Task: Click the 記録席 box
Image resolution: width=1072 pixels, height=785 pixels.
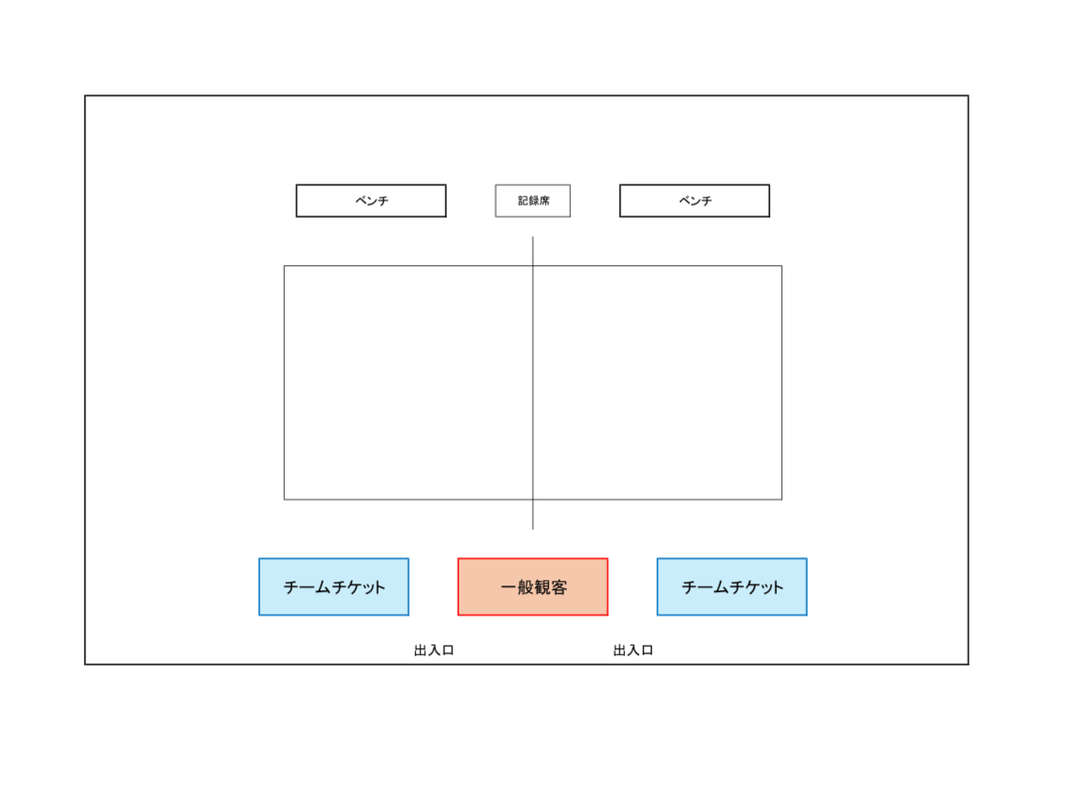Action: (532, 200)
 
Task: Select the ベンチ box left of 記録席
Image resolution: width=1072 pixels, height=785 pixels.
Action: (371, 200)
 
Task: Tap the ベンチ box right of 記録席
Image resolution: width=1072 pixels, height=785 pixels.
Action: (694, 200)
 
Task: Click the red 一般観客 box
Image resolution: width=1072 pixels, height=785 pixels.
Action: (532, 586)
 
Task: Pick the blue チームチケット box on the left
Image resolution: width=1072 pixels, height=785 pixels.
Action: (334, 586)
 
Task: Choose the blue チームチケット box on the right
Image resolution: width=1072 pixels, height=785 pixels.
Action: (732, 586)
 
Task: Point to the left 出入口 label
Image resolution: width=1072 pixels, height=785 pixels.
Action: (434, 650)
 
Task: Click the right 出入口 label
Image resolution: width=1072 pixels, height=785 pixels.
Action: (633, 650)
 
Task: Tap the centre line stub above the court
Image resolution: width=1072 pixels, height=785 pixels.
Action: (532, 251)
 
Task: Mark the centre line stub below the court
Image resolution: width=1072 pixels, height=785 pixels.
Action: (532, 514)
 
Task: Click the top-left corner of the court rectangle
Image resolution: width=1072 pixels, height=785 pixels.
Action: (285, 266)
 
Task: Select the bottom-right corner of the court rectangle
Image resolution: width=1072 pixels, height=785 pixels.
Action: (782, 499)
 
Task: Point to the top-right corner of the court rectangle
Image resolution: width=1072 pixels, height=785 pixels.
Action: (782, 266)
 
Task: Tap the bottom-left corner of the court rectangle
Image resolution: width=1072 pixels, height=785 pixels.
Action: (285, 499)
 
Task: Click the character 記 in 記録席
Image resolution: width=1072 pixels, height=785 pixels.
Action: (523, 200)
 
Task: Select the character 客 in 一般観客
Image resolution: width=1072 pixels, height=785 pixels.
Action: (558, 586)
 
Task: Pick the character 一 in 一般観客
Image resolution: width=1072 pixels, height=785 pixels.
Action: (508, 586)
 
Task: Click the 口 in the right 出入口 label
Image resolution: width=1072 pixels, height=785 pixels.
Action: (647, 650)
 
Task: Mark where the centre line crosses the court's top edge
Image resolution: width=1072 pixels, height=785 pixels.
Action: (532, 266)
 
